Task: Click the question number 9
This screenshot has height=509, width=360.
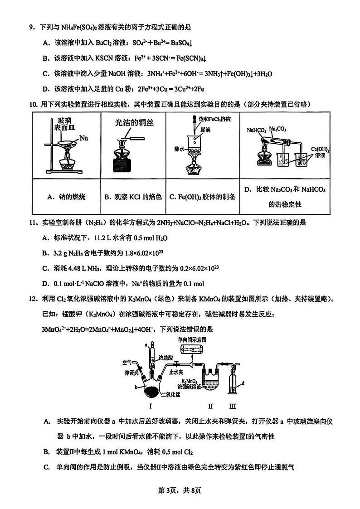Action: tap(32, 27)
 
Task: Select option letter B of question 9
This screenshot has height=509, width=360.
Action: tap(46, 58)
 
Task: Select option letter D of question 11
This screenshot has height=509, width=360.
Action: tap(46, 284)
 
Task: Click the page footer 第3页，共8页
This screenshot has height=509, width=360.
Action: tap(180, 490)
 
